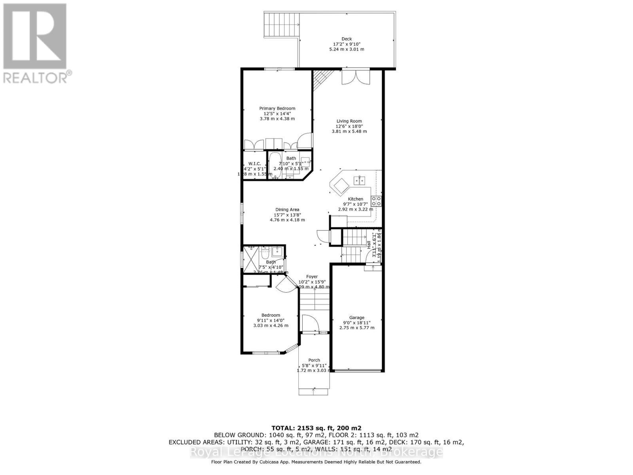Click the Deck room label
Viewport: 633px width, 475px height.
[x=347, y=39]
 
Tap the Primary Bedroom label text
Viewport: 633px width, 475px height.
[x=277, y=108]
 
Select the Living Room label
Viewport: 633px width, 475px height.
[x=349, y=121]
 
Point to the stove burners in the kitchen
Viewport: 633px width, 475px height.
[x=376, y=201]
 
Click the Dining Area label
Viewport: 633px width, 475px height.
[x=287, y=210]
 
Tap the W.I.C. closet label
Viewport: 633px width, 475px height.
[x=254, y=164]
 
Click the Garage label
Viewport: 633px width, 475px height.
[x=356, y=317]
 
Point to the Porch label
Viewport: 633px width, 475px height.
[x=314, y=360]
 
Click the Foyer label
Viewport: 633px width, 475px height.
[x=312, y=277]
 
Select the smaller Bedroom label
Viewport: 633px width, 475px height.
[x=271, y=315]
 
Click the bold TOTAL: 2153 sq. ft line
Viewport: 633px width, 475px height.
[x=316, y=428]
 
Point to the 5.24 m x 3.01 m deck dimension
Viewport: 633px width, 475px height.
[x=347, y=49]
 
